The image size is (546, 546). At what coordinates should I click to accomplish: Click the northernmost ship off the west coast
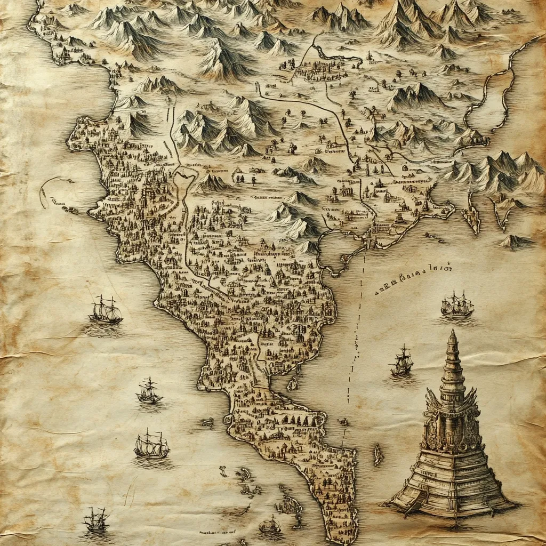(105, 310)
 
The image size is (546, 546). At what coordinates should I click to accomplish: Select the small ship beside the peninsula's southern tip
(270, 525)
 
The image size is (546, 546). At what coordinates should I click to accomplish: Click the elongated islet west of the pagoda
(378, 455)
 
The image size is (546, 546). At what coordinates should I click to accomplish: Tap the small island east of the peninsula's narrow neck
(292, 383)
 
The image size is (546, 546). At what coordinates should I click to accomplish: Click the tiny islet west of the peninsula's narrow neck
(206, 422)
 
